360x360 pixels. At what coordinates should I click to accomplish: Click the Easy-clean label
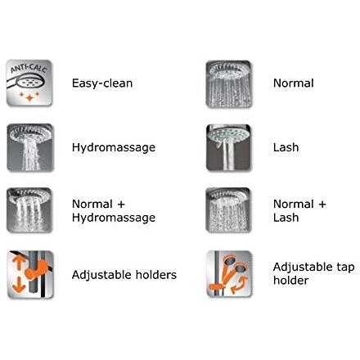(102, 83)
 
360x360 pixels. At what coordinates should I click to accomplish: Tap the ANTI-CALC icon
(29, 83)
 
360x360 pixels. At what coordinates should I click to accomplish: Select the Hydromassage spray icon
(30, 147)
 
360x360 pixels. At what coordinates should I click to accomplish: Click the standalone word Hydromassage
(114, 147)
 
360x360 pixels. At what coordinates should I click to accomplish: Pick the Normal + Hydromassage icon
(29, 210)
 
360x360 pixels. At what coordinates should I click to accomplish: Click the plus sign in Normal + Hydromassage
(120, 204)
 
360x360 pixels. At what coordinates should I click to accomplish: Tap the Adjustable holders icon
(30, 275)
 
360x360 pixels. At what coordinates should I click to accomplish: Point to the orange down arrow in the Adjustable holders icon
(19, 285)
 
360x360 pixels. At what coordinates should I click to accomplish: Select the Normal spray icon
(229, 84)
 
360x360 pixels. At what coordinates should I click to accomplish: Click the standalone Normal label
(294, 83)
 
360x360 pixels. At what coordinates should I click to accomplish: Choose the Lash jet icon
(228, 147)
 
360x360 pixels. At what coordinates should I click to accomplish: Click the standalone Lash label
(286, 147)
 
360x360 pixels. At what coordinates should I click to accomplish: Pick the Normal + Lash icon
(228, 210)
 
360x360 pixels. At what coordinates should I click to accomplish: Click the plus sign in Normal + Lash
(322, 204)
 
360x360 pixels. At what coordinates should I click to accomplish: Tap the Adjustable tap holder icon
(229, 274)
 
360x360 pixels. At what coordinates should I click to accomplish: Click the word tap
(345, 268)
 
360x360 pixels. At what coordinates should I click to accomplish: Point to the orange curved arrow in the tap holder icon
(240, 285)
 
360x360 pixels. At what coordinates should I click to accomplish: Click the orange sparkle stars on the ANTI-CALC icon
(29, 96)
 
